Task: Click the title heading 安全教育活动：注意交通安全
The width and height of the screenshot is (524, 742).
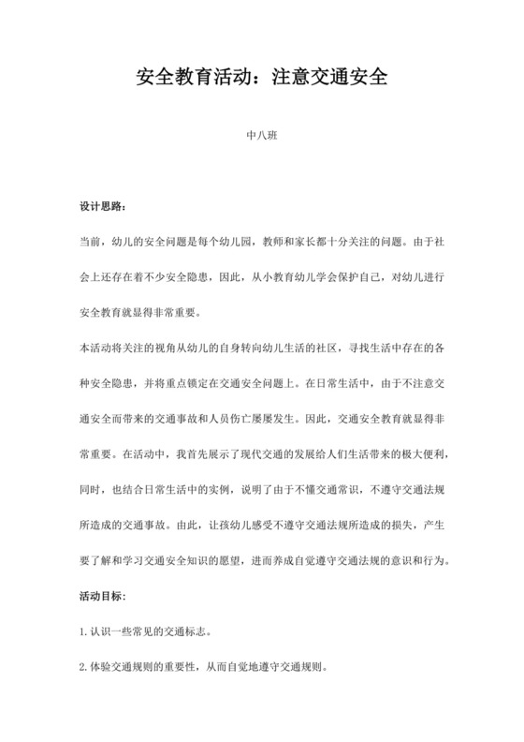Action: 262,78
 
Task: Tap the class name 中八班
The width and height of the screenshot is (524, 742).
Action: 261,136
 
